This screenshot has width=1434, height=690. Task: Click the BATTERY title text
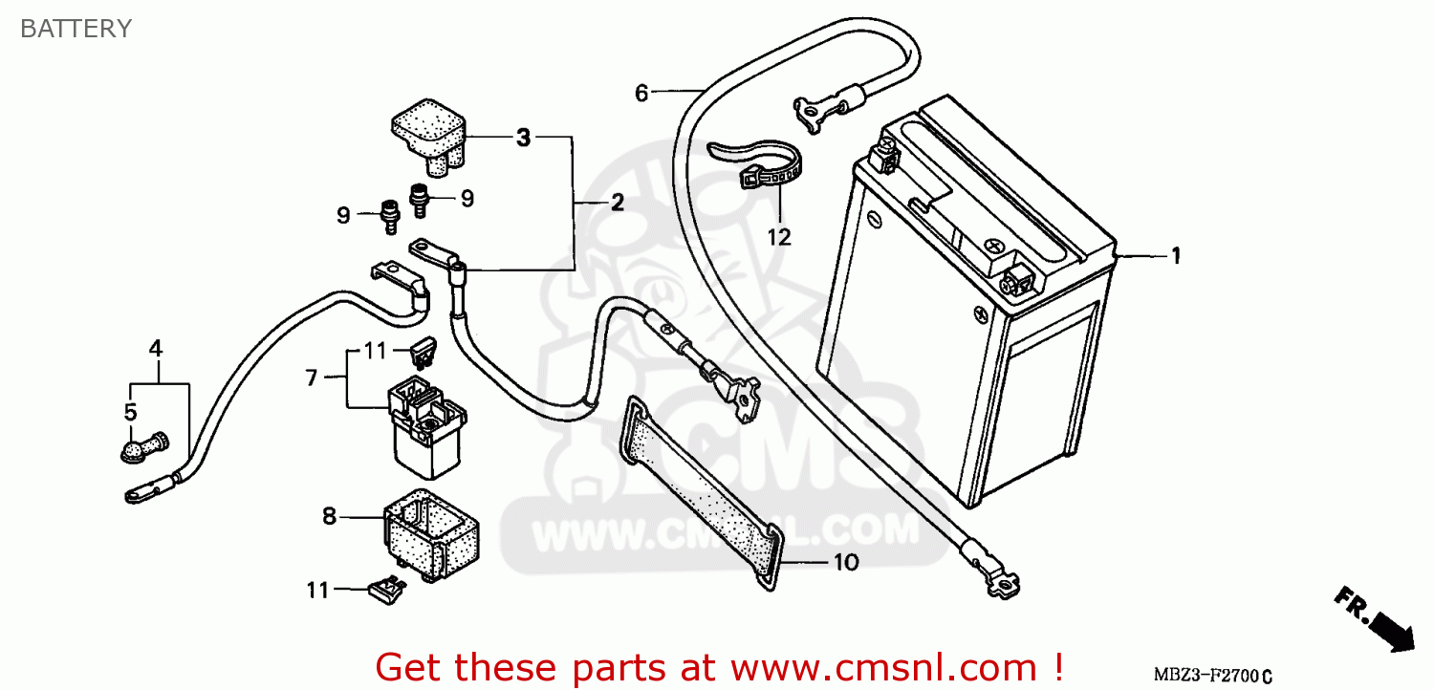76,29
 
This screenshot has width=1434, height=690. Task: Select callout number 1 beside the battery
1176,255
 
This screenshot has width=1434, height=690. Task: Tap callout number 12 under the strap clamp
780,236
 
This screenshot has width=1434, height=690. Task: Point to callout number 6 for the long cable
641,93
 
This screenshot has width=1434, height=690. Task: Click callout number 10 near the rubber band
846,562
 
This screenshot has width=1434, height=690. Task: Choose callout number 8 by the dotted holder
329,516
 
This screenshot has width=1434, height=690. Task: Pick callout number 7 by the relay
311,377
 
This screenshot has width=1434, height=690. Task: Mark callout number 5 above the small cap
130,413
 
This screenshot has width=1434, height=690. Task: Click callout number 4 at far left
156,348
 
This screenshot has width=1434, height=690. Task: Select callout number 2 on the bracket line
617,202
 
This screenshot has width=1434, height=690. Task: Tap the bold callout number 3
522,138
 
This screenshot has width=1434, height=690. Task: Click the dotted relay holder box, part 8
432,535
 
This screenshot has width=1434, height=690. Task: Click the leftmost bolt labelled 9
388,216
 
